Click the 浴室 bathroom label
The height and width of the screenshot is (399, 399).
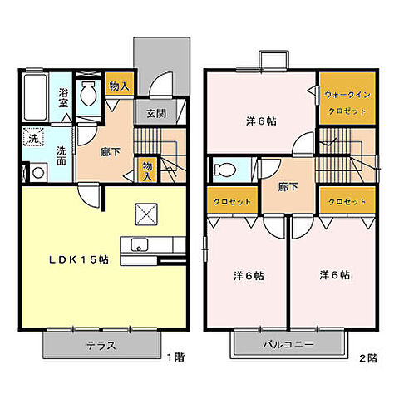pyautogui.click(x=63, y=98)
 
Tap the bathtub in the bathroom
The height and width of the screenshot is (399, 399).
pyautogui.click(x=35, y=96)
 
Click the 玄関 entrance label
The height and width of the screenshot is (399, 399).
pyautogui.click(x=156, y=113)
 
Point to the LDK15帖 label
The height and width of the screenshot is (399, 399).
pyautogui.click(x=79, y=259)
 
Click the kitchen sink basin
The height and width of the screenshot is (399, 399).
pyautogui.click(x=140, y=245)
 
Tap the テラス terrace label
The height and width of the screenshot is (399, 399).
pyautogui.click(x=101, y=346)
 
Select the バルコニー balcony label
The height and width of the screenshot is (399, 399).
pyautogui.click(x=288, y=345)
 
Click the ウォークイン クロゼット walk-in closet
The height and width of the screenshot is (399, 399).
pyautogui.click(x=347, y=98)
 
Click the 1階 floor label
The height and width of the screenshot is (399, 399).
pyautogui.click(x=175, y=357)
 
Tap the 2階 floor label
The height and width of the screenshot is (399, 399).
pyautogui.click(x=368, y=358)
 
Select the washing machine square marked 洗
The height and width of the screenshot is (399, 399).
pyautogui.click(x=33, y=137)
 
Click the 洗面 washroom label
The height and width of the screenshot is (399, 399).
pyautogui.click(x=62, y=156)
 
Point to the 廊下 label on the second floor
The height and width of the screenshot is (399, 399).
pyautogui.click(x=288, y=187)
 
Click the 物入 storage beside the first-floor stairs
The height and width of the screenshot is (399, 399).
pyautogui.click(x=147, y=170)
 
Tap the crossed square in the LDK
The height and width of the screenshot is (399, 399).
pyautogui.click(x=146, y=214)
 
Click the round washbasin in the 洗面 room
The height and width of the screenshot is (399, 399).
pyautogui.click(x=38, y=173)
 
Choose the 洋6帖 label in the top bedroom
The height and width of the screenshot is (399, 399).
pyautogui.click(x=261, y=121)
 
